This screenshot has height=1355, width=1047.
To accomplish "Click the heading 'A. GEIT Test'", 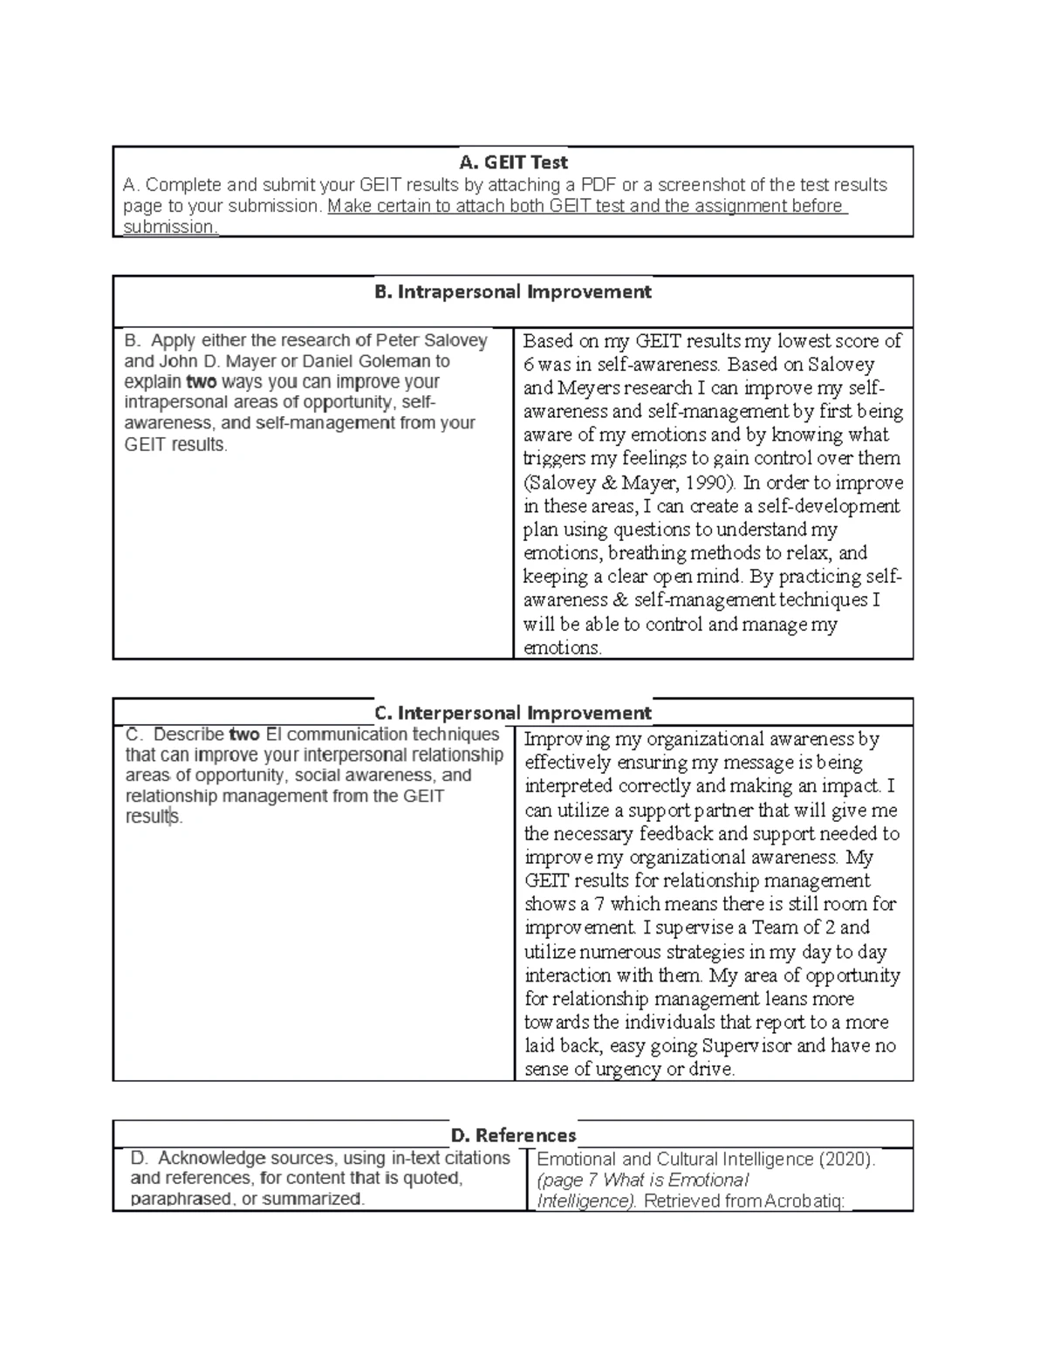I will point(513,162).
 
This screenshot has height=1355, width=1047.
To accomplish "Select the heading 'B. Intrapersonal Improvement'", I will point(513,291).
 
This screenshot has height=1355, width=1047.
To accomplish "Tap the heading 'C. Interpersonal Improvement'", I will point(513,713).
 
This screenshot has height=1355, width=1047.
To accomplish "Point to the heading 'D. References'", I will point(513,1135).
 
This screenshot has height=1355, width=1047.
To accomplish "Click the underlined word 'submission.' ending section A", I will point(170,227).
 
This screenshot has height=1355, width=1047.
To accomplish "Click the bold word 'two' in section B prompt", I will point(202,382).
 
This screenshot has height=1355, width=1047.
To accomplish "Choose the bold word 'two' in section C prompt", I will point(244,735).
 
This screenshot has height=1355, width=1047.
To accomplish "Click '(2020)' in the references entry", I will point(845,1160).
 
